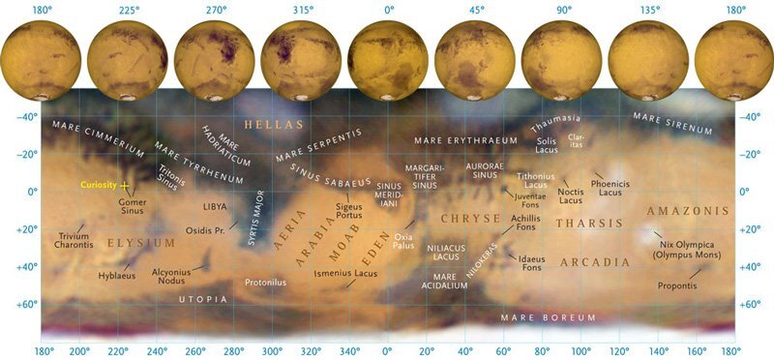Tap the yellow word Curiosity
pyautogui.click(x=98, y=184)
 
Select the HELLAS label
pyautogui.click(x=274, y=125)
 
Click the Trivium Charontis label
pyautogui.click(x=75, y=241)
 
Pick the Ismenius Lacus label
pyautogui.click(x=345, y=274)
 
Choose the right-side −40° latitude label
pyautogui.click(x=750, y=117)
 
